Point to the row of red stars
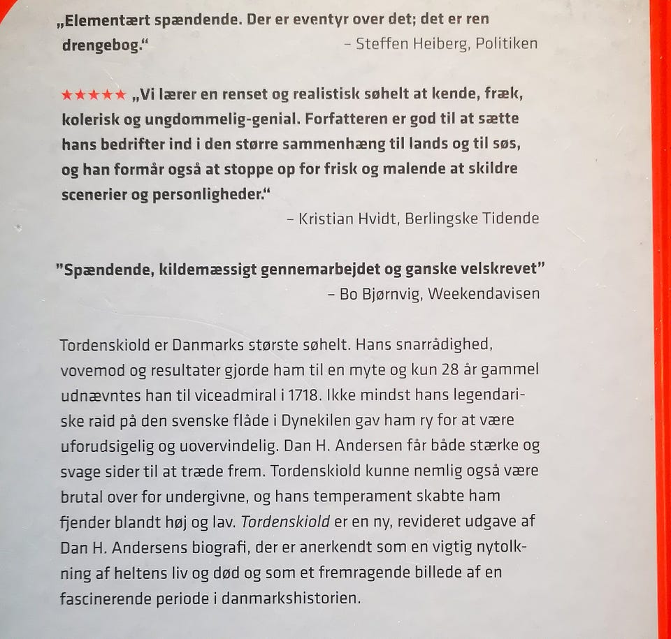[94, 94]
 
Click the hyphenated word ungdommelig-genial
[223, 119]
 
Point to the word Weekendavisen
[484, 293]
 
